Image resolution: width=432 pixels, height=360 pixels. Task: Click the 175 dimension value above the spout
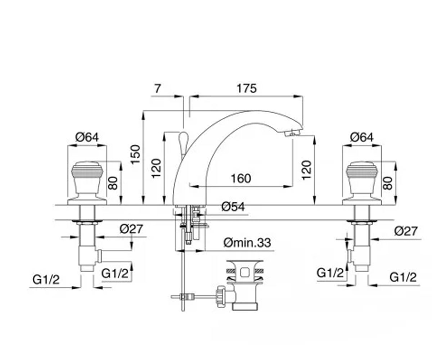(247, 89)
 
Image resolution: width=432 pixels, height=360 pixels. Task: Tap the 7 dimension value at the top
(157, 89)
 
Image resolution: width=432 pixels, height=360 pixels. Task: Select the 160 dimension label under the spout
(241, 179)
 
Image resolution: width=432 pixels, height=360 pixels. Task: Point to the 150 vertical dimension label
(136, 154)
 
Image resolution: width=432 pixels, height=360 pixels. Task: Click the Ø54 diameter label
(233, 207)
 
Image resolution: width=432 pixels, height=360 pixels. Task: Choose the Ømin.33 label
(247, 243)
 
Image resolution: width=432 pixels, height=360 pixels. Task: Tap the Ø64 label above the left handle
(87, 137)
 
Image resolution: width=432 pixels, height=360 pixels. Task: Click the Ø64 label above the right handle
(362, 137)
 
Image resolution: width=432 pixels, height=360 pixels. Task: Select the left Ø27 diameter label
(131, 229)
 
